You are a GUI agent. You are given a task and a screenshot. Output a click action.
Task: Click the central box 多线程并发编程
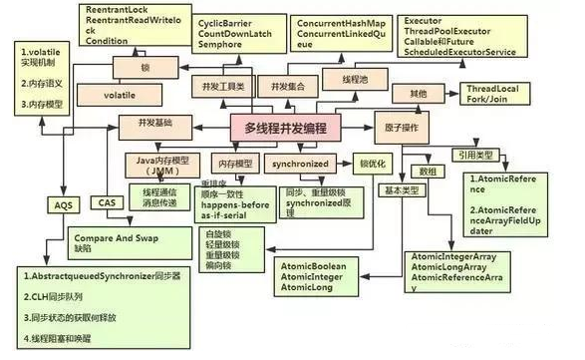(x=292, y=129)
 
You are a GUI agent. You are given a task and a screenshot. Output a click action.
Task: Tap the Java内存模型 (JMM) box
(x=166, y=164)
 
